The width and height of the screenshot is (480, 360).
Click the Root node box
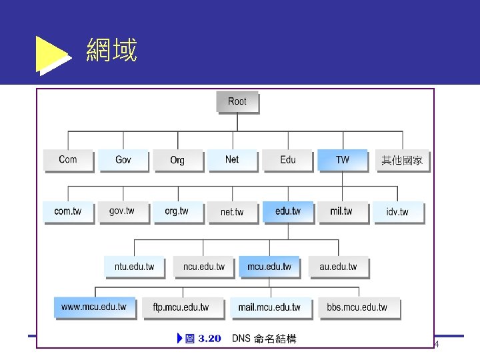[x=237, y=102]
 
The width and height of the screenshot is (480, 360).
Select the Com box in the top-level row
[x=68, y=160]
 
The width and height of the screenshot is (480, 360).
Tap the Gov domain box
[x=123, y=160]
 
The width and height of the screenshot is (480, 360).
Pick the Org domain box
[x=177, y=160]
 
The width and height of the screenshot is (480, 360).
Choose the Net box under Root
[x=232, y=159]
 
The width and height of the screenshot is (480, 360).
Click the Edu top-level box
[x=287, y=160]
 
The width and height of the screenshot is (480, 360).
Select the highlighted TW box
[x=342, y=160]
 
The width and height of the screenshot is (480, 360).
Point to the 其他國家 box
[x=401, y=161]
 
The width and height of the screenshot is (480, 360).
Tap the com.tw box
[x=68, y=211]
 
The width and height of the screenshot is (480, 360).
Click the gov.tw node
[x=122, y=211]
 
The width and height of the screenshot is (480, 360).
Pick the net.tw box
[x=232, y=212]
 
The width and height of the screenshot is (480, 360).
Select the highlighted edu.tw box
[x=287, y=211]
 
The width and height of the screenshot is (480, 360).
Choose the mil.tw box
[x=341, y=211]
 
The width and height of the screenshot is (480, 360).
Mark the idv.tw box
[x=397, y=212]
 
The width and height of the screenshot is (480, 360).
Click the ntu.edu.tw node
[x=134, y=267]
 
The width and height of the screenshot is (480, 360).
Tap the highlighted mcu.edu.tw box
[x=269, y=267]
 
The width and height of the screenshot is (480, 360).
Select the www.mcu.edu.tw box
[x=94, y=307]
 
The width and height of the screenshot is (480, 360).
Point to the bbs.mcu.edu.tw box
[x=357, y=307]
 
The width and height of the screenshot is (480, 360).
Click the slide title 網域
[x=111, y=51]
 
